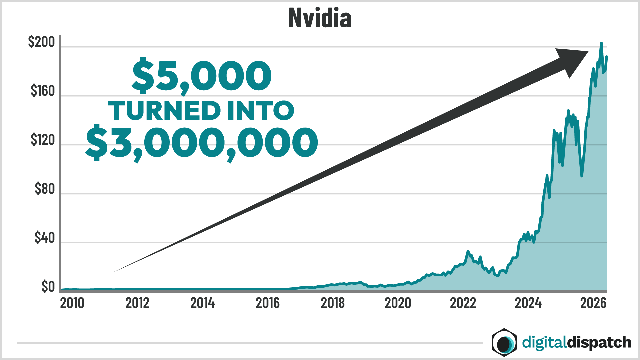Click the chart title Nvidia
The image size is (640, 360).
click(x=320, y=18)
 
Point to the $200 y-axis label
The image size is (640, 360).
click(x=41, y=42)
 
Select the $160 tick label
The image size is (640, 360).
click(x=42, y=91)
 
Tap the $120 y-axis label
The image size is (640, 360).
click(x=42, y=140)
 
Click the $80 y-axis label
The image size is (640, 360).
click(x=44, y=189)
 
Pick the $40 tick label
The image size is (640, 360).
click(x=44, y=238)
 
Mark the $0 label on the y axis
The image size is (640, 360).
click(x=48, y=287)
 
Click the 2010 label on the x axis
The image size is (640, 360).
click(x=72, y=303)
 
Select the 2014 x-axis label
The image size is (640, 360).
click(x=202, y=303)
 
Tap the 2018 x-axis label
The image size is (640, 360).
click(x=333, y=303)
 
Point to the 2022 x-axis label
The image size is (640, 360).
click(x=463, y=303)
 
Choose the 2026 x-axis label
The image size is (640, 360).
click(x=593, y=303)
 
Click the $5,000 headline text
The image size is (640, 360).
click(x=202, y=76)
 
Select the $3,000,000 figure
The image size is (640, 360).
click(x=202, y=143)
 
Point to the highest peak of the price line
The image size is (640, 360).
click(x=601, y=43)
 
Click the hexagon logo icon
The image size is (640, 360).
click(x=504, y=342)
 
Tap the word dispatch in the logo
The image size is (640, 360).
click(x=599, y=343)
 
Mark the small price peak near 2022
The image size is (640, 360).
click(x=468, y=251)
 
